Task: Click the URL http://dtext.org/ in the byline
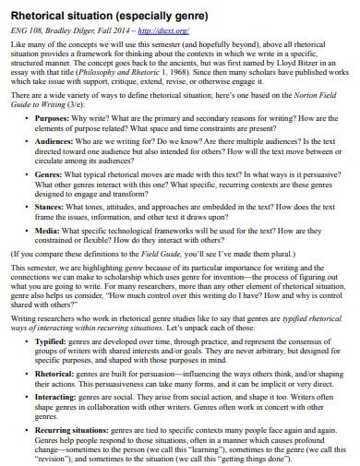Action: [x=165, y=30]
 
